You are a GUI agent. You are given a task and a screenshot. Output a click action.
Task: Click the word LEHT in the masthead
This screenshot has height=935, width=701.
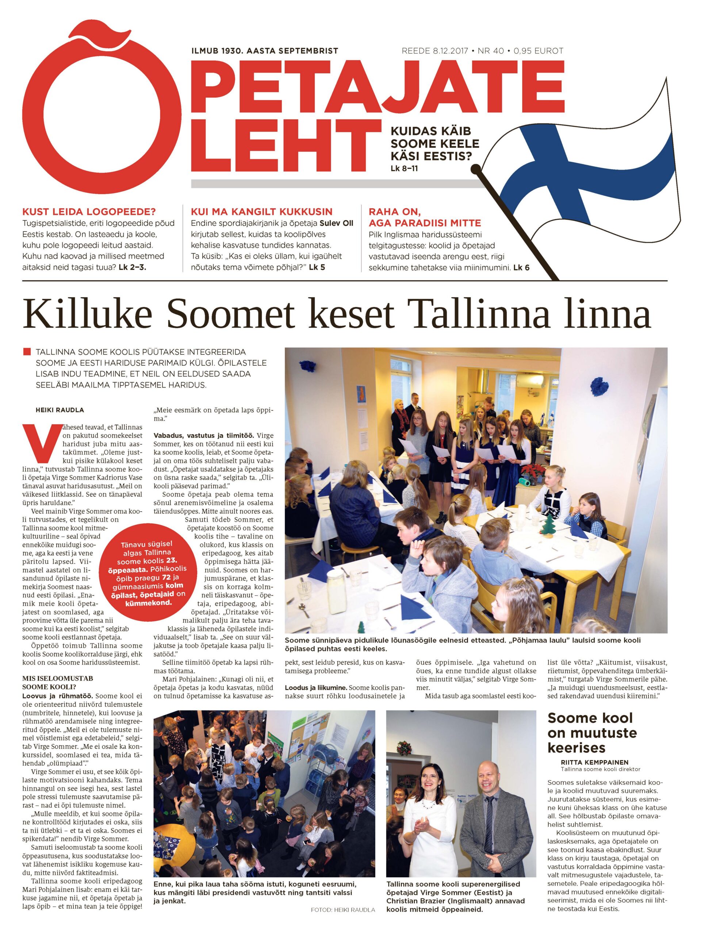pos(283,146)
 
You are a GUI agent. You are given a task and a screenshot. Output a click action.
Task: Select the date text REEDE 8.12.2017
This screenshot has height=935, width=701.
pos(435,51)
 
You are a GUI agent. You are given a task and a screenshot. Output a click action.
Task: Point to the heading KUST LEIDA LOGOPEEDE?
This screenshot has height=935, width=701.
pos(89,211)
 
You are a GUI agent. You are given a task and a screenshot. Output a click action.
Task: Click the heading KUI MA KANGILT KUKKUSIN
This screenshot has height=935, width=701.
pos(261,211)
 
